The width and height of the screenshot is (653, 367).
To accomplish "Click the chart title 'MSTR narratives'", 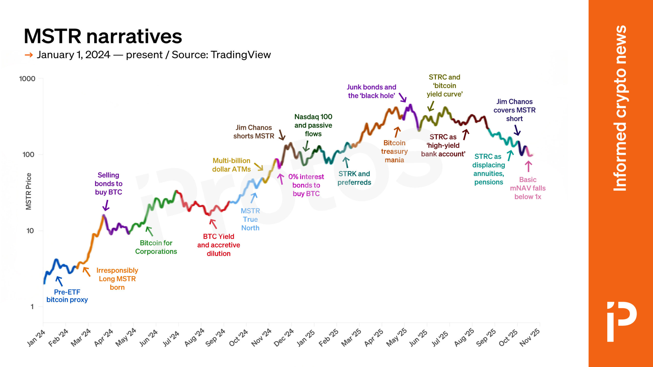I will (103, 36).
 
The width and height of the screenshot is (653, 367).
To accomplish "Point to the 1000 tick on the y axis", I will (27, 79).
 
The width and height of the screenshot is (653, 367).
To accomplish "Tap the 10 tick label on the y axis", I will (30, 231).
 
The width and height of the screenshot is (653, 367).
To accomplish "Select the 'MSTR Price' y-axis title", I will (29, 191).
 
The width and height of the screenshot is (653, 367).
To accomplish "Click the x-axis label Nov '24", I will (261, 337).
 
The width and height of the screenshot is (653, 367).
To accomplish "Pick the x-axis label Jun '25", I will (419, 337).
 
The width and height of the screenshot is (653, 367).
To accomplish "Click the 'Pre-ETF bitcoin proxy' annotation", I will (67, 296).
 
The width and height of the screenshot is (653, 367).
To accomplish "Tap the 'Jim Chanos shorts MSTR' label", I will (254, 132).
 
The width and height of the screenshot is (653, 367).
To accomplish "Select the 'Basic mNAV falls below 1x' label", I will (528, 188).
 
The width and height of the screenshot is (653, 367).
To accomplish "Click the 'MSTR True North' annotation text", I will (250, 219).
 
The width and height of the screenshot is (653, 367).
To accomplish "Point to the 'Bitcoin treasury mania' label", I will (394, 151).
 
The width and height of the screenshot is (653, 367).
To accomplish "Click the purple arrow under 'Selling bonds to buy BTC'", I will (106, 205).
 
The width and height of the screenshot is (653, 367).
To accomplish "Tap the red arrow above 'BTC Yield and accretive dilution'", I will (213, 224).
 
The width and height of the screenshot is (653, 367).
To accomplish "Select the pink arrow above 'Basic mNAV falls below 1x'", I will (528, 166).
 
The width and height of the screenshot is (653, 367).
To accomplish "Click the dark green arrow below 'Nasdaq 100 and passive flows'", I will (306, 146).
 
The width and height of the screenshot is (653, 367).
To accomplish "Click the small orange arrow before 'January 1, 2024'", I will (29, 55).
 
